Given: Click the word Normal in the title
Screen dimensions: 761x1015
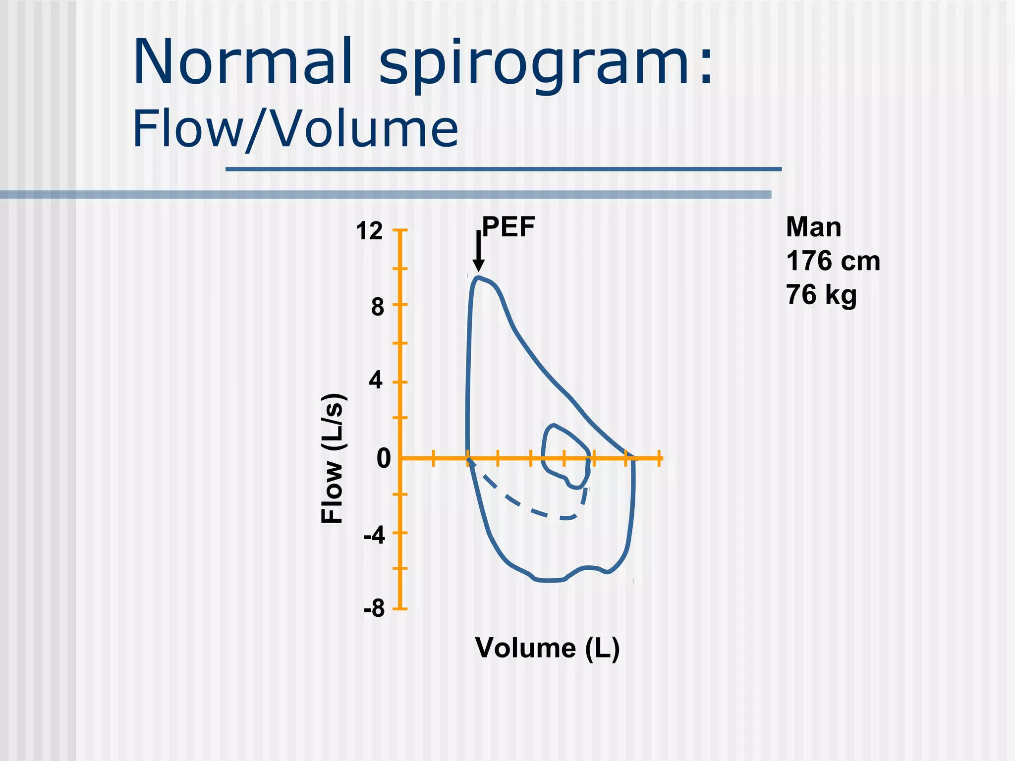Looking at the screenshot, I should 243,63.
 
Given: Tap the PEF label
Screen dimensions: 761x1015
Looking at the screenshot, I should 508,227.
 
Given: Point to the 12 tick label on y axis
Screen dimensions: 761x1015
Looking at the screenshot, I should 369,231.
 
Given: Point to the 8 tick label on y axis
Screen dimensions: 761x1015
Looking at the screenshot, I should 377,307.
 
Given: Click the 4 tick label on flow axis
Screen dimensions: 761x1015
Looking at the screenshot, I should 376,380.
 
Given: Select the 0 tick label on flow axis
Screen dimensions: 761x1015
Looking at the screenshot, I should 383,458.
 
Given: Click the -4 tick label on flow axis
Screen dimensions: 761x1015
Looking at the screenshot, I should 374,536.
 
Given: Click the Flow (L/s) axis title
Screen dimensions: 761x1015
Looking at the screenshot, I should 332,458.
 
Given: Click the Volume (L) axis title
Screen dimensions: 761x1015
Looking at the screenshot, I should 547,648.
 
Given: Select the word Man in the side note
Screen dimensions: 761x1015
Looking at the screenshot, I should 813,227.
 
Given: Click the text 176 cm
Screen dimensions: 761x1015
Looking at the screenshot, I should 833,261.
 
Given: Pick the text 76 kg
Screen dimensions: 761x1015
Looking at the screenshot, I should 821,295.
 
